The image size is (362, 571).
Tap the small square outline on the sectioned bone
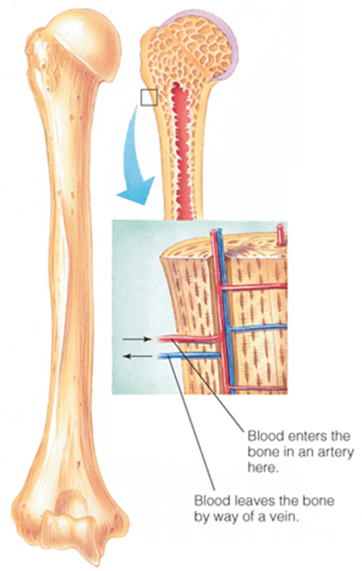(149, 97)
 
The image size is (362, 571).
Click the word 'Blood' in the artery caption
(260, 432)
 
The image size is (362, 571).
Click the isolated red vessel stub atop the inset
(278, 232)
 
